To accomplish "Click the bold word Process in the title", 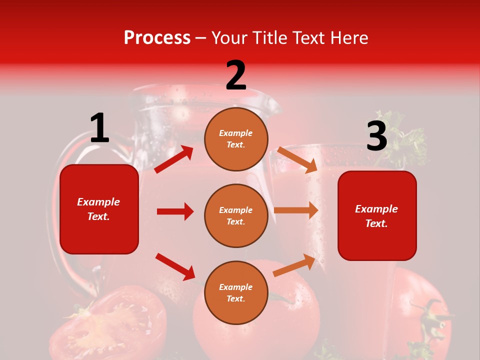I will (x=157, y=38).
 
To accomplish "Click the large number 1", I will (x=99, y=128).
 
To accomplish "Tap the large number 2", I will (x=236, y=75).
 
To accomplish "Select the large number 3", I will (x=376, y=136).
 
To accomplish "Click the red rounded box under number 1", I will (x=99, y=209).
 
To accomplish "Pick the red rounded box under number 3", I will (x=377, y=215).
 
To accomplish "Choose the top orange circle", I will (x=236, y=139).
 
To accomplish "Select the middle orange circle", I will (x=236, y=215).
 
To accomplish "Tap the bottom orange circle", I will (x=236, y=292).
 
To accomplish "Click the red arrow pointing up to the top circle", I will (x=174, y=159).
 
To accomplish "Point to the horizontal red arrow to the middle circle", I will (x=175, y=211).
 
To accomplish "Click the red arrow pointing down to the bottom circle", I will (x=175, y=266).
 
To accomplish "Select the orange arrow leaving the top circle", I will (x=297, y=159).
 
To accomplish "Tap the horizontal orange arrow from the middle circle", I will (x=296, y=210).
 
